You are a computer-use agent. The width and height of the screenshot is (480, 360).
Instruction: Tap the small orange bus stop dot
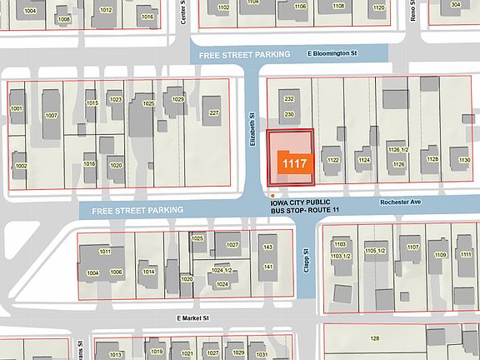click(272, 196)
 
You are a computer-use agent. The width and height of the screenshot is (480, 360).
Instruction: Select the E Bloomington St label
click(332, 54)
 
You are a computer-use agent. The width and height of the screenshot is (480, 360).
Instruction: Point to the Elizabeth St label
click(251, 125)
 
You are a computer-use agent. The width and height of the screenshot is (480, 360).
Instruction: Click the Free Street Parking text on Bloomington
click(240, 54)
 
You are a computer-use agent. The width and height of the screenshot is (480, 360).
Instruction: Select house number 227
click(213, 113)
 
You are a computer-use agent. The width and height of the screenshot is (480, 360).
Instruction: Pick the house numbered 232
click(289, 98)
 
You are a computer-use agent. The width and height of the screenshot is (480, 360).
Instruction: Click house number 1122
click(333, 159)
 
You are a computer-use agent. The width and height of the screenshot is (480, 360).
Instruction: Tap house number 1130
click(463, 159)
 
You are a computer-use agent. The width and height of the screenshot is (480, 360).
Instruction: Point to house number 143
click(268, 247)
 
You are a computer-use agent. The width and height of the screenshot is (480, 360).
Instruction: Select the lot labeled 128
click(375, 337)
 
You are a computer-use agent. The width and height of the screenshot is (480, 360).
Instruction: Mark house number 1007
click(51, 115)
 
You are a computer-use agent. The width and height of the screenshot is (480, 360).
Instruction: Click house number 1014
click(148, 272)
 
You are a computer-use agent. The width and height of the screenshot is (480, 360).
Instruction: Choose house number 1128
click(432, 159)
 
